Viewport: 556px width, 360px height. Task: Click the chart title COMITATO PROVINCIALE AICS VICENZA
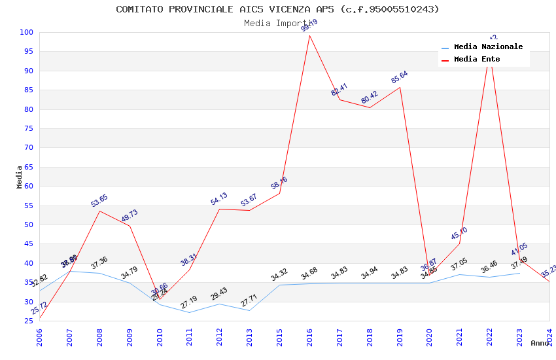pyautogui.click(x=277, y=9)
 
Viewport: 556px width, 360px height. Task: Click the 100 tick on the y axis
pyautogui.click(x=27, y=33)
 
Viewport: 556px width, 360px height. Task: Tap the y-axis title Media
pyautogui.click(x=20, y=177)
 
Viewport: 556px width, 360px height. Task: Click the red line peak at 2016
pyautogui.click(x=309, y=35)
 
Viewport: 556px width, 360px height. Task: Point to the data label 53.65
pyautogui.click(x=99, y=200)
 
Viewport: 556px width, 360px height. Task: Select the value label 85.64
pyautogui.click(x=400, y=77)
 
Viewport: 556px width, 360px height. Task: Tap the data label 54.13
pyautogui.click(x=219, y=198)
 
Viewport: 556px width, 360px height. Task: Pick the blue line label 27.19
pyautogui.click(x=189, y=302)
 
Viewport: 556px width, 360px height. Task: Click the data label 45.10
pyautogui.click(x=459, y=233)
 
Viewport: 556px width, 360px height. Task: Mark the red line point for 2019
pyautogui.click(x=400, y=87)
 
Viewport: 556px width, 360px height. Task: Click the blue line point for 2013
pyautogui.click(x=249, y=310)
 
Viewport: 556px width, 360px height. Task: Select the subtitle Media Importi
pyautogui.click(x=277, y=24)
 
